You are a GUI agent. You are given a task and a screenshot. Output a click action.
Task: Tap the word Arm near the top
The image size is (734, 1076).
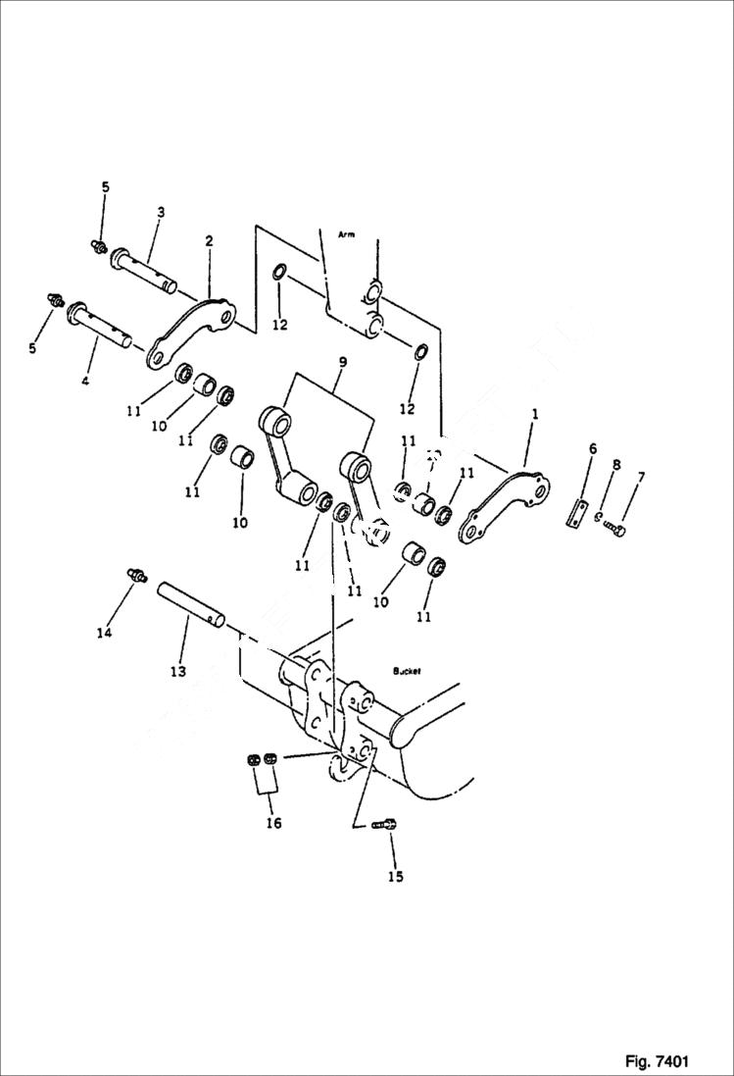click(x=345, y=235)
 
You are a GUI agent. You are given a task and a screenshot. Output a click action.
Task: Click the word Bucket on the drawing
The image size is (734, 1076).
click(x=406, y=671)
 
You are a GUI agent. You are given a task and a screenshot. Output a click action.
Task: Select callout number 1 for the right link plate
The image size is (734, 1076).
click(x=535, y=415)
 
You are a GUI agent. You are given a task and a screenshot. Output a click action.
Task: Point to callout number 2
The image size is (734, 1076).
click(x=209, y=240)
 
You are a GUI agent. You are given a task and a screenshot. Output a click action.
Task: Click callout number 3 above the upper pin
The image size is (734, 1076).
click(x=160, y=212)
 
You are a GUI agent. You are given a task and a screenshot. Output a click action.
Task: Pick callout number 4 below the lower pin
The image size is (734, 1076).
click(x=85, y=380)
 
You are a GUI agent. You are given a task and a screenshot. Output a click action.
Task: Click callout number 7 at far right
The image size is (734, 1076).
click(x=641, y=477)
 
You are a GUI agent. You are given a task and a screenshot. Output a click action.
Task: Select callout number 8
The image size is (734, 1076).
click(x=616, y=464)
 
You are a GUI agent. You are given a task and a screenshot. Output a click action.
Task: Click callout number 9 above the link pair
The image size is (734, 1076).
click(x=342, y=362)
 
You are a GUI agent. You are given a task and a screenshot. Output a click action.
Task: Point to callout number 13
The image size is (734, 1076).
click(x=177, y=672)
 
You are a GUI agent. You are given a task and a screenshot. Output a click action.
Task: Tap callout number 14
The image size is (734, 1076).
click(x=104, y=633)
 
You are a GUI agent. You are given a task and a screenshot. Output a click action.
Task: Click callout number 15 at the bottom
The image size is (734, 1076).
click(x=394, y=876)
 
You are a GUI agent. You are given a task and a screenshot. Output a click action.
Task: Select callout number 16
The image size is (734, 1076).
click(x=273, y=823)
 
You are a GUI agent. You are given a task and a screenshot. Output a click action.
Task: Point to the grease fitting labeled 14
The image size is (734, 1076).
click(x=135, y=576)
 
